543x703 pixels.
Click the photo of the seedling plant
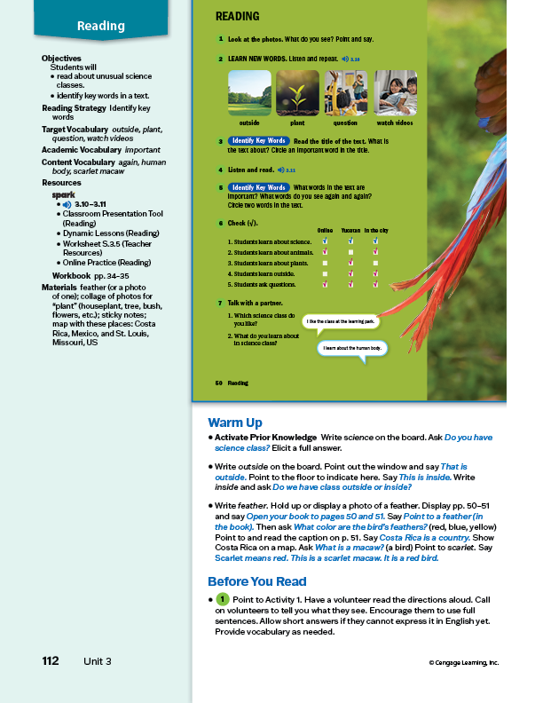click(298, 92)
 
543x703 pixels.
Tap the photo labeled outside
click(249, 92)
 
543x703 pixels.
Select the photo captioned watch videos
click(395, 92)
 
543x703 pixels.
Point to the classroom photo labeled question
click(346, 92)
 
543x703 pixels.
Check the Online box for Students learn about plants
click(326, 263)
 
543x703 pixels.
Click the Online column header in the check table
click(325, 229)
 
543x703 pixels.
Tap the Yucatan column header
click(350, 229)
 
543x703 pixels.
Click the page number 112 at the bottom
click(51, 661)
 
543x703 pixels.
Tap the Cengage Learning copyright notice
click(463, 662)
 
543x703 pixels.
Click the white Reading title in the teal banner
click(101, 26)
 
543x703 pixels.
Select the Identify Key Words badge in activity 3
click(258, 141)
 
